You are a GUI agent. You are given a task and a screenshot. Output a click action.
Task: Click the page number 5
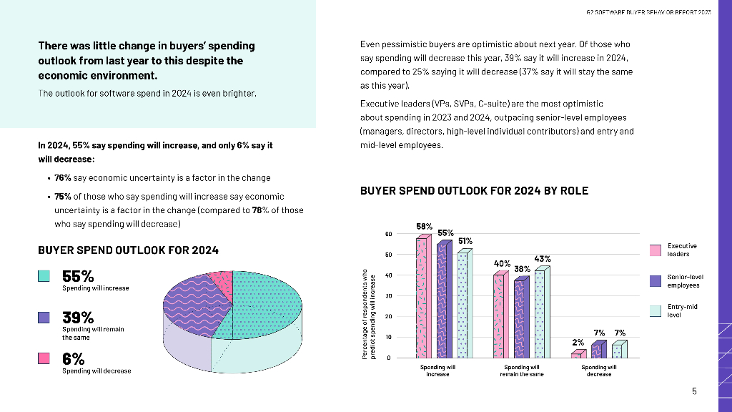(694, 391)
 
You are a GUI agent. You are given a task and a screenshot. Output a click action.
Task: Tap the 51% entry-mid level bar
(463, 305)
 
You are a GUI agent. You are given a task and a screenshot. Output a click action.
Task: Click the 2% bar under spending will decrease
(577, 354)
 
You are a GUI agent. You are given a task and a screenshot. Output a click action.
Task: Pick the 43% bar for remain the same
(540, 315)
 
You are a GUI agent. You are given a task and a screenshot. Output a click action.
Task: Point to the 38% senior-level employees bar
(520, 318)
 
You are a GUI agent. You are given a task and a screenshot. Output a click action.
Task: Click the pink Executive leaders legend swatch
(656, 250)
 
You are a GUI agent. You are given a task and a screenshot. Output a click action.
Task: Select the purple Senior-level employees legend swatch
(656, 281)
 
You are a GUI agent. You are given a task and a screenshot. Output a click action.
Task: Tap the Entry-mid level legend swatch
(656, 311)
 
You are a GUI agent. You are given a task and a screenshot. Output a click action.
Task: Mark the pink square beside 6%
(44, 358)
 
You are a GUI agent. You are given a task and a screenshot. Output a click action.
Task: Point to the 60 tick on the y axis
(388, 234)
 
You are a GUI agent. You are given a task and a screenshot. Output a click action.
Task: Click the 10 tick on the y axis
(388, 337)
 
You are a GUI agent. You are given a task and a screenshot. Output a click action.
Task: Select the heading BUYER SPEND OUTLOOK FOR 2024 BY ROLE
(474, 191)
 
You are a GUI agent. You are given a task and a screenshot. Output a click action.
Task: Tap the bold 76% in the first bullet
(63, 178)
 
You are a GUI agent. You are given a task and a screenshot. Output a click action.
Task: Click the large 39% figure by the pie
(78, 317)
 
